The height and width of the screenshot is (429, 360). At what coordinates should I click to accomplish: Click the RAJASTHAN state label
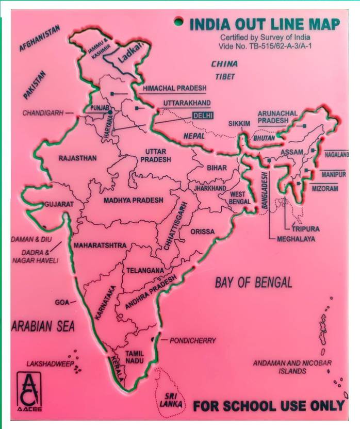click(x=77, y=158)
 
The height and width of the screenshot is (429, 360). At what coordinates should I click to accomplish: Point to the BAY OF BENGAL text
click(x=253, y=282)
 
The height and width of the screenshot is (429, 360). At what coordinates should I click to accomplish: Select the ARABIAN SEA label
click(x=43, y=326)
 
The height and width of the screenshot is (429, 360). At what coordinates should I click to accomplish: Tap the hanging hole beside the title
click(x=178, y=22)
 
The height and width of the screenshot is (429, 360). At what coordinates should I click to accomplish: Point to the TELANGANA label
click(x=145, y=270)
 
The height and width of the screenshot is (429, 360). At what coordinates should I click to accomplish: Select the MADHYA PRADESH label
click(x=133, y=200)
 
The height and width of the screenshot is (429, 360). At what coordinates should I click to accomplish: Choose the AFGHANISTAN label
click(x=40, y=38)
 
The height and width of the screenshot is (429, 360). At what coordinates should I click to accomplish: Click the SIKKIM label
click(x=239, y=124)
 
